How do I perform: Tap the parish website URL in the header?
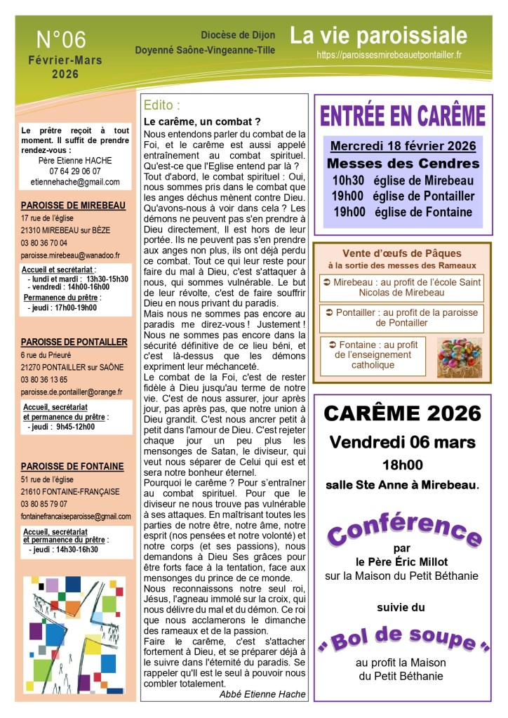pos(389,54)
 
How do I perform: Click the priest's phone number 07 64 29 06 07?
pos(75,171)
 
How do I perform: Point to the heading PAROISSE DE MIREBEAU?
pos(74,205)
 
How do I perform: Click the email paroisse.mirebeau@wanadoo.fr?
pos(70,255)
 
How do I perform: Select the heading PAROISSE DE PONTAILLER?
pos(74,343)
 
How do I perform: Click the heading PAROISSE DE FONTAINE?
pos(72,466)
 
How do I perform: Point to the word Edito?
pos(161,106)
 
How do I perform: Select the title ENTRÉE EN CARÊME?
pos(403,114)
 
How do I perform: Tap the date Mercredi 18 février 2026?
pos(403,146)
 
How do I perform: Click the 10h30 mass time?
pos(348,180)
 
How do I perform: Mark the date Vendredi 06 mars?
pos(403,442)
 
